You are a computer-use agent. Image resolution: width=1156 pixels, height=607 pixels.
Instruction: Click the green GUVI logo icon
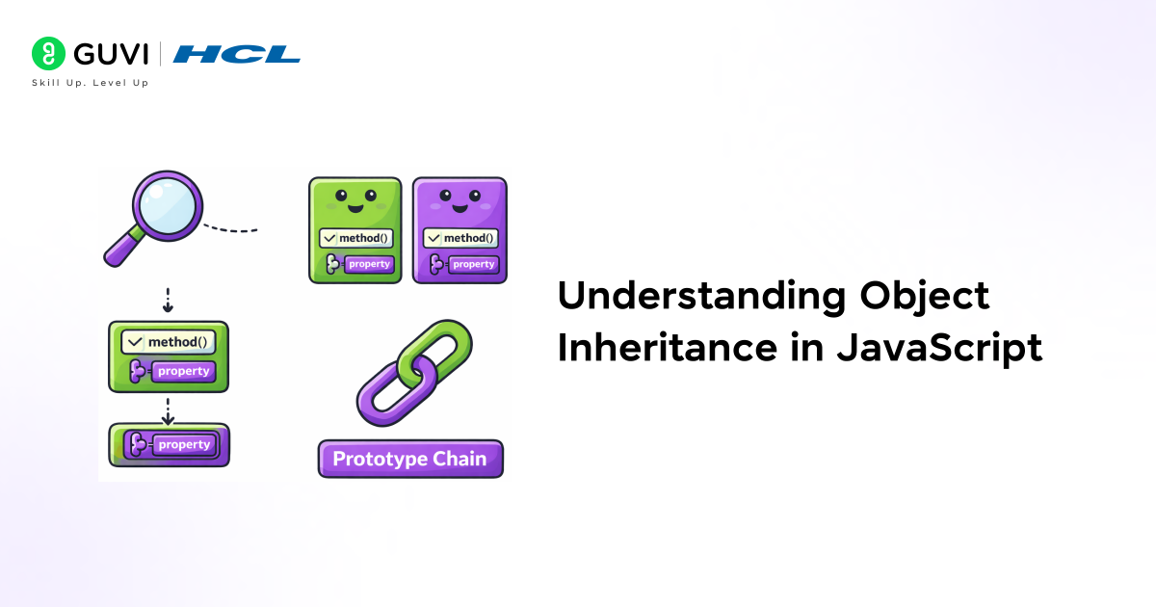pos(46,53)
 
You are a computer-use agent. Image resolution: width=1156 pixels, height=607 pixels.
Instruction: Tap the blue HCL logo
pos(237,54)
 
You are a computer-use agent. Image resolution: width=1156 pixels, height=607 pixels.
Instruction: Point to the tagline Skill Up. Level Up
pos(91,83)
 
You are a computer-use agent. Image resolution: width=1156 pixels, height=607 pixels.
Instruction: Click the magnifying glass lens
pos(168,204)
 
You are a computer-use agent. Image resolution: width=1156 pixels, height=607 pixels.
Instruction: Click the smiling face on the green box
pos(355,200)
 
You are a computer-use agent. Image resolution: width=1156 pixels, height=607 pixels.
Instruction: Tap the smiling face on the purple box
pos(460,200)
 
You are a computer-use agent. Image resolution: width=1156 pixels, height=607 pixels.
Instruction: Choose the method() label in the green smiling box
pos(355,238)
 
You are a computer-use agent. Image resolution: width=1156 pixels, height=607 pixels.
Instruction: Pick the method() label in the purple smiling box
pos(460,238)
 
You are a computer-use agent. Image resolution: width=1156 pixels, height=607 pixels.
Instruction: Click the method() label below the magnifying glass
pos(169,342)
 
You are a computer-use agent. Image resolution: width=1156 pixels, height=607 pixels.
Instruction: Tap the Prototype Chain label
pos(410,459)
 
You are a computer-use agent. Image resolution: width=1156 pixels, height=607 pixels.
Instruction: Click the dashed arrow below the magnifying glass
pos(168,300)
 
